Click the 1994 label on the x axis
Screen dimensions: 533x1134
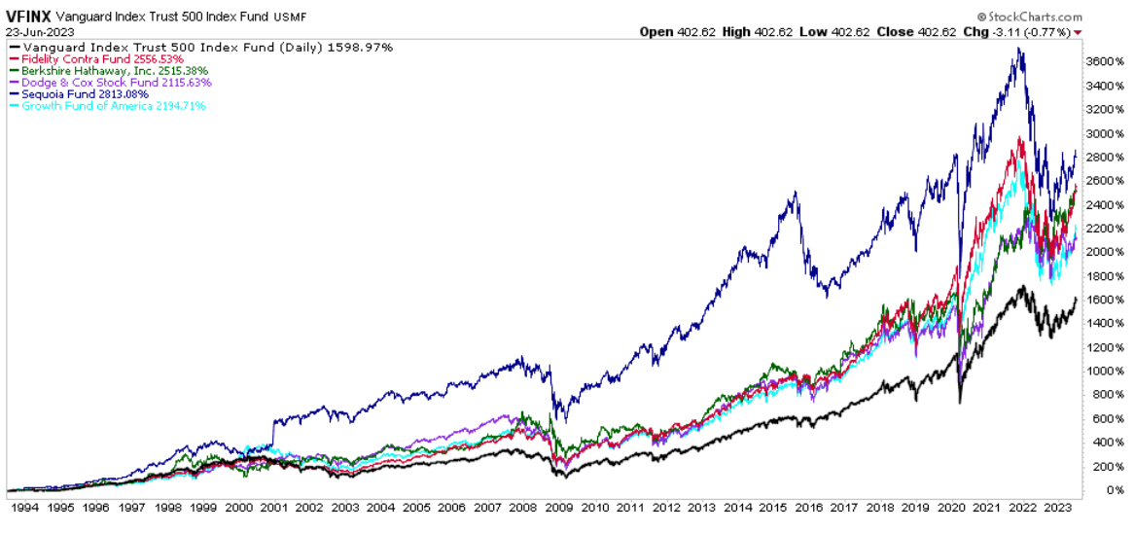pos(24,509)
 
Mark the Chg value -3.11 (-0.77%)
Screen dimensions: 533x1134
pos(1039,32)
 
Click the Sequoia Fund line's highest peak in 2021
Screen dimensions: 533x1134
pos(1018,49)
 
